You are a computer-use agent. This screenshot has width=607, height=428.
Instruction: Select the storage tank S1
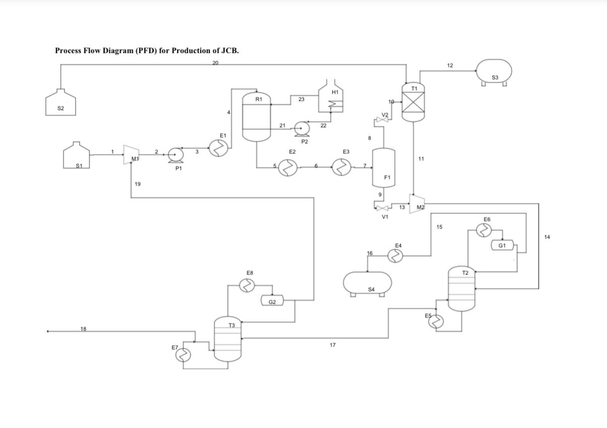tap(77, 156)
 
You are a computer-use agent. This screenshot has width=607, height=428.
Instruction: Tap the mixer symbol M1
tap(132, 154)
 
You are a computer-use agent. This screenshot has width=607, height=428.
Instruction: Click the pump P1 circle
tap(175, 154)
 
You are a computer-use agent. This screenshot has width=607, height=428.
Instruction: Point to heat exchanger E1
tap(219, 148)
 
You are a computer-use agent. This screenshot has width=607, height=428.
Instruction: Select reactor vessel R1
tap(257, 117)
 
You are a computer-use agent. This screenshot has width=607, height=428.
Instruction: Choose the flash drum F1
tap(383, 168)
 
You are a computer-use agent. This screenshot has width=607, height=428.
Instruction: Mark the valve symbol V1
tap(383, 208)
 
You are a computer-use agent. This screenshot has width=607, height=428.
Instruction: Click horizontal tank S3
tap(494, 71)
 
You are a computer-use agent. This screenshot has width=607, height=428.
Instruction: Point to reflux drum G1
tap(503, 245)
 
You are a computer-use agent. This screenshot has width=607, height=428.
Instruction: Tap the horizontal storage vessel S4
tap(368, 283)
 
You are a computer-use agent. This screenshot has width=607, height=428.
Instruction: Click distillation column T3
tap(228, 339)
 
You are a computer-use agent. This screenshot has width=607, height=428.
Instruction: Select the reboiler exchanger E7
tap(183, 355)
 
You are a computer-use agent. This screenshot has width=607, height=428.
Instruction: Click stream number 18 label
tap(83, 329)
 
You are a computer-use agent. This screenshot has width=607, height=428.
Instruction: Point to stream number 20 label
tap(215, 63)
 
